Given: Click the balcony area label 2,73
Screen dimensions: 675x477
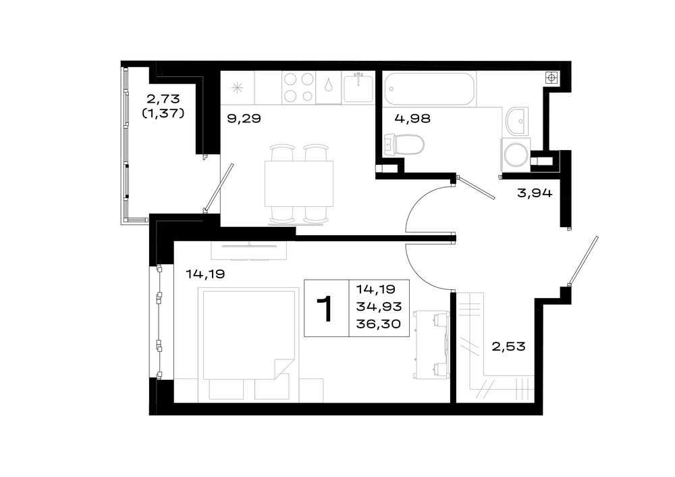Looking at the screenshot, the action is click(163, 99).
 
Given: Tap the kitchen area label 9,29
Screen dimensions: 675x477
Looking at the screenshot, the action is click(244, 118).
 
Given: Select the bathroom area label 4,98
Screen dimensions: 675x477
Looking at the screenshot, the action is click(412, 118).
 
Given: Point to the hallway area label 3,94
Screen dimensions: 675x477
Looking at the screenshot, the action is click(535, 193).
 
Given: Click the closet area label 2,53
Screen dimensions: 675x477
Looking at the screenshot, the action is click(508, 347).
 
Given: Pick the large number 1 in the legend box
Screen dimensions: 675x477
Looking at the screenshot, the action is click(325, 309).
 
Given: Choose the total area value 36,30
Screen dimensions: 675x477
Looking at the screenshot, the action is click(379, 323).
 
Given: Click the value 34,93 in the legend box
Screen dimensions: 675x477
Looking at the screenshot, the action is click(379, 306).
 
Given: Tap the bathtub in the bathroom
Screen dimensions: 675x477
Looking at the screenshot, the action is click(429, 89).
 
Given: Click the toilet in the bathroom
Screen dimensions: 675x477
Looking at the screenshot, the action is click(404, 145).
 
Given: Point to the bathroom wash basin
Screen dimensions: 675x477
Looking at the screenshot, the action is click(516, 121).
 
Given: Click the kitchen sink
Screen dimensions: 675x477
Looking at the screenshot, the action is click(358, 87).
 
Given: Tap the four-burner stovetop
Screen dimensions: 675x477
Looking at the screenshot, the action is click(299, 87).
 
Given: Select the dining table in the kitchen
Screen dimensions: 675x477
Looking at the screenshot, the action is click(299, 184).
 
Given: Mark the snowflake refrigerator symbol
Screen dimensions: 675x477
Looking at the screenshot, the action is click(237, 89).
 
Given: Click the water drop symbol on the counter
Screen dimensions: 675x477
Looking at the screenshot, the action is click(329, 85).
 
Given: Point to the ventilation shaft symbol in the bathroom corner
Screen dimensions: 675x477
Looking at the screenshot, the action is click(551, 78).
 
